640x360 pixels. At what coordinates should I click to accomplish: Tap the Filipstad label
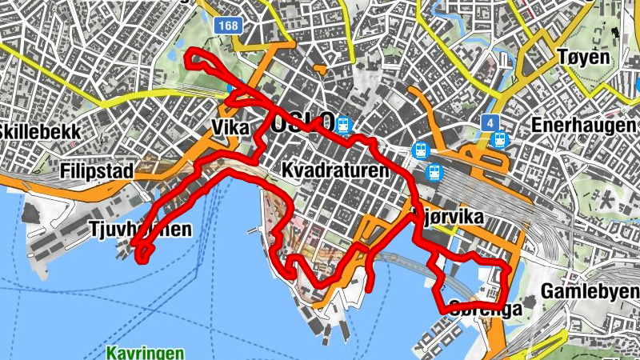(96, 170)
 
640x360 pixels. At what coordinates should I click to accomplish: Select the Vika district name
(232, 128)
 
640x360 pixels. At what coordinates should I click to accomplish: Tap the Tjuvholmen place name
(140, 230)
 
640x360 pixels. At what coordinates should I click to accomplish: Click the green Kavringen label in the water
(145, 352)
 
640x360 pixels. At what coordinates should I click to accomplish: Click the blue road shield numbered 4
(490, 123)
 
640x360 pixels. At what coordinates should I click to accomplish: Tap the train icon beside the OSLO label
(345, 125)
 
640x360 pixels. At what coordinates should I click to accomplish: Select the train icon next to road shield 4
(500, 139)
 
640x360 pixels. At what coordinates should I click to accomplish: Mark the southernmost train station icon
(435, 171)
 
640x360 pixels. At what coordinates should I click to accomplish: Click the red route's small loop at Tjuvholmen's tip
(143, 253)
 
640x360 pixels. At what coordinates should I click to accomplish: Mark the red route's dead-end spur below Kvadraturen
(372, 280)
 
